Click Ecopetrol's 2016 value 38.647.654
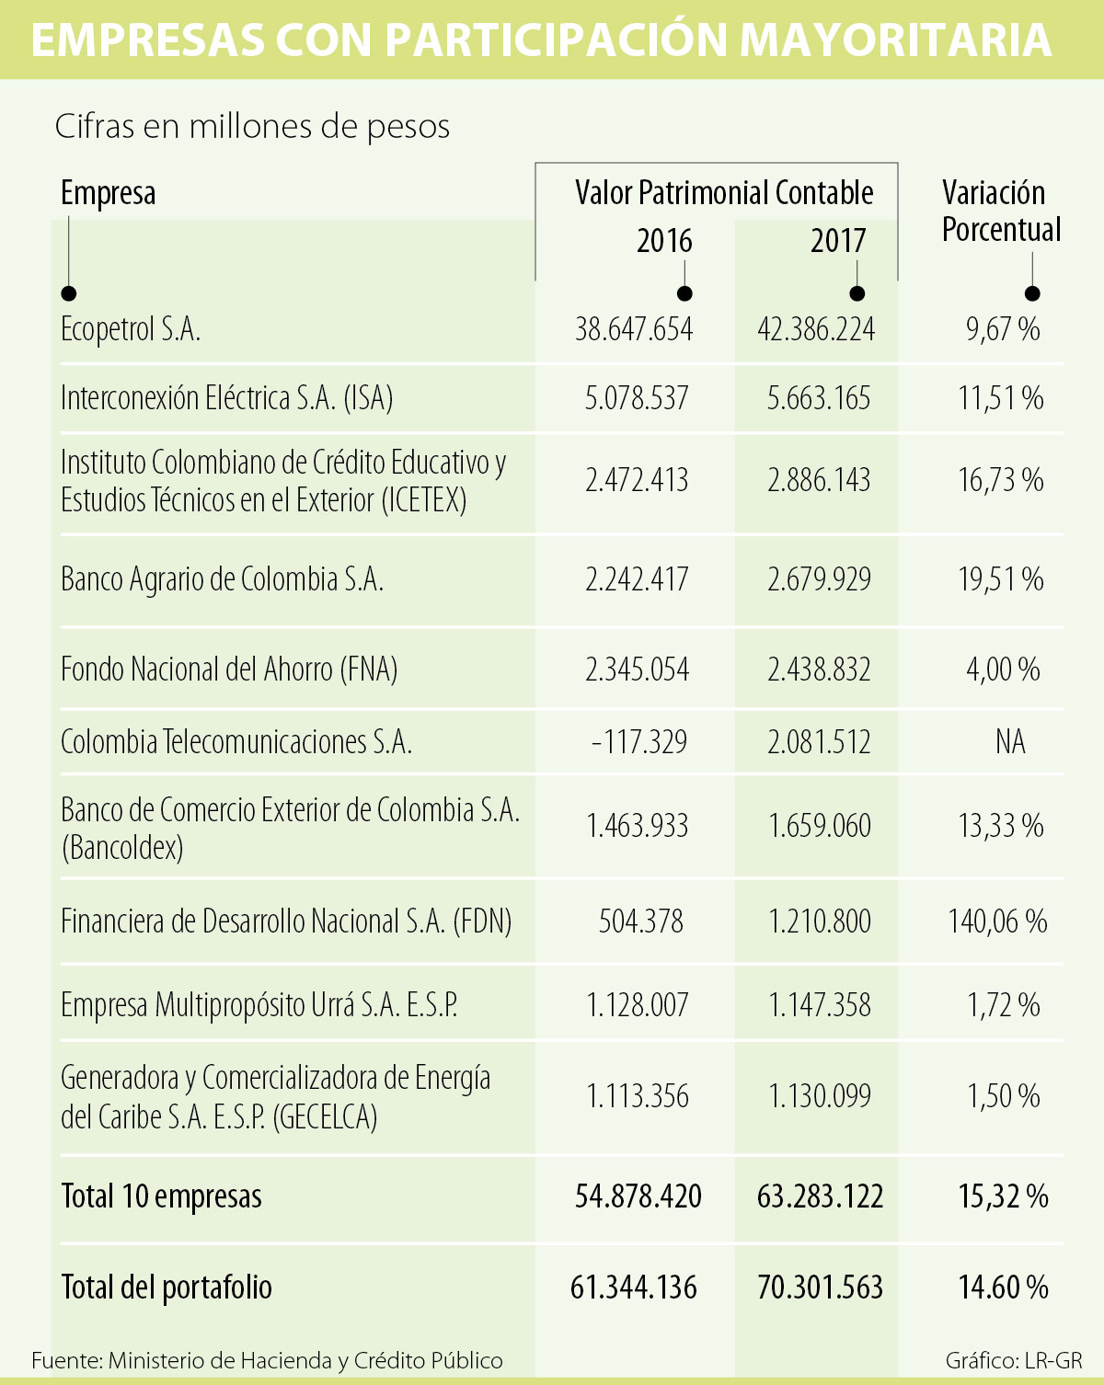point(634,329)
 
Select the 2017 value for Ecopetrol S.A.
point(816,329)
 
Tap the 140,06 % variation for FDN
point(997,921)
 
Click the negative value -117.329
point(638,741)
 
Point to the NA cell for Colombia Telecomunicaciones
point(1009,741)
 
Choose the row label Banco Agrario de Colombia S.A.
point(222,579)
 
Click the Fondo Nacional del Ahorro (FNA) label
point(229,669)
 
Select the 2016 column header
point(664,241)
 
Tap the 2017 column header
point(838,241)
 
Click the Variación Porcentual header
point(1001,211)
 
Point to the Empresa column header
point(108,193)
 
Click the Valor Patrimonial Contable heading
point(724,192)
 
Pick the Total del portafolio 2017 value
point(820,1287)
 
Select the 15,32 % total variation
point(1003,1196)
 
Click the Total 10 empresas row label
point(161,1196)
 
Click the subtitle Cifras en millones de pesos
point(252,126)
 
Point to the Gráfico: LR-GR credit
point(1013,1360)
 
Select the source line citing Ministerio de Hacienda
point(267,1360)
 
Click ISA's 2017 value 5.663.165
point(819,398)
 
